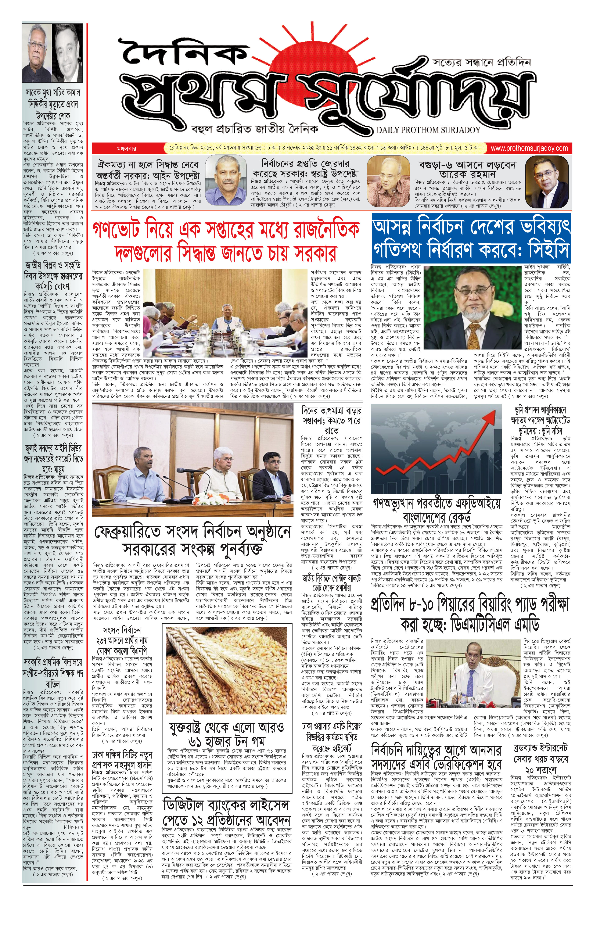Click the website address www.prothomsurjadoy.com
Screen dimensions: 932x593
[x=529, y=148]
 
